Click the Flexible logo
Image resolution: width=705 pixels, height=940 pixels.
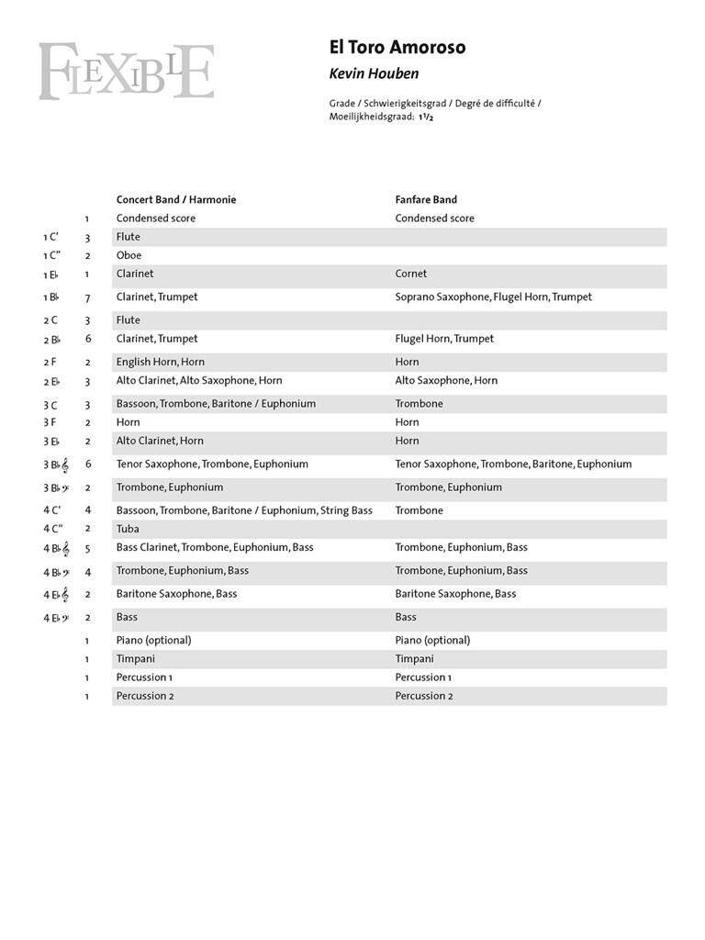126,71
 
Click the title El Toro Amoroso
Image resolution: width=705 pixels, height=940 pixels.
397,48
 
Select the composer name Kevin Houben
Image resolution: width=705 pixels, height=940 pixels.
373,73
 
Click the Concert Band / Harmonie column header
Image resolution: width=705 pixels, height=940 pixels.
175,199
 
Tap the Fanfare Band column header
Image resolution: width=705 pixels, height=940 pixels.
426,199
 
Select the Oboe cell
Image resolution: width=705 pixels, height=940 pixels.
129,255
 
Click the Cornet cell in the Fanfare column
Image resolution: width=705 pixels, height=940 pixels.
411,274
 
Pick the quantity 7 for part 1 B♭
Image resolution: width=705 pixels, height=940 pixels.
87,297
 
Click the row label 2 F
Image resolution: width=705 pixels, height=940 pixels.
50,362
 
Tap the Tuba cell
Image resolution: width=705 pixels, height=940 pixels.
128,529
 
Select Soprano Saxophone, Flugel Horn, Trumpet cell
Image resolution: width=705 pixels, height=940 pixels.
493,297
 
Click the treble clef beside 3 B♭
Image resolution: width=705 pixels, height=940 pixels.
65,465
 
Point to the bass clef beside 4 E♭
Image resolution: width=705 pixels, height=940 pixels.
65,618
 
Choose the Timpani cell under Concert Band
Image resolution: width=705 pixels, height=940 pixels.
135,659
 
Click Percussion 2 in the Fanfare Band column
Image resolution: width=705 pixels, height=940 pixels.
424,696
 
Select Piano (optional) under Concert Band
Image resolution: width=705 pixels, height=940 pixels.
153,640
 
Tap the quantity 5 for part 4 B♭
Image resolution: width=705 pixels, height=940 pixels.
87,547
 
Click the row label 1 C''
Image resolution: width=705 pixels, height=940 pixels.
51,255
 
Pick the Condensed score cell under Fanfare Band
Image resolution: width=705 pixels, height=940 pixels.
434,218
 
